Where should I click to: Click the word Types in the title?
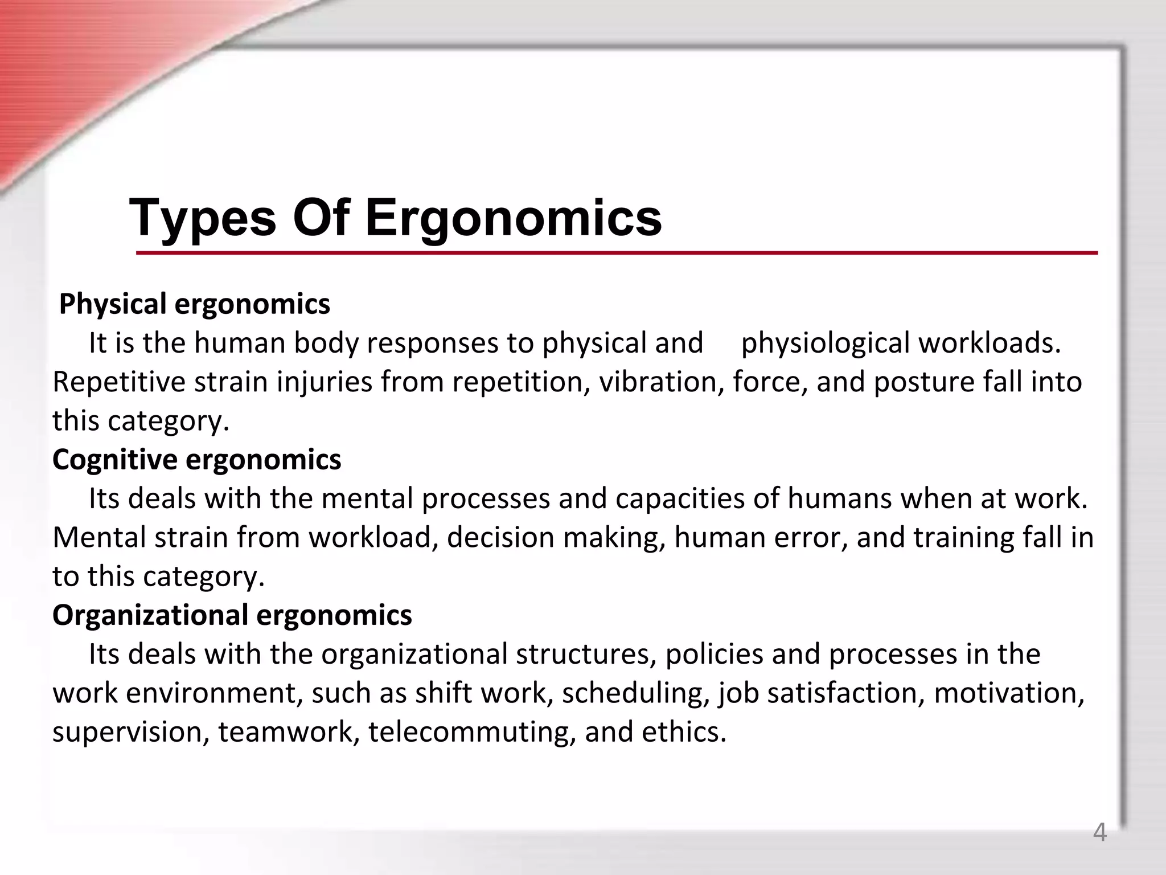203,219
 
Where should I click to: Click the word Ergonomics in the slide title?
513,219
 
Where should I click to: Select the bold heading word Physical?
112,304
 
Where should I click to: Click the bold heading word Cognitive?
115,460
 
